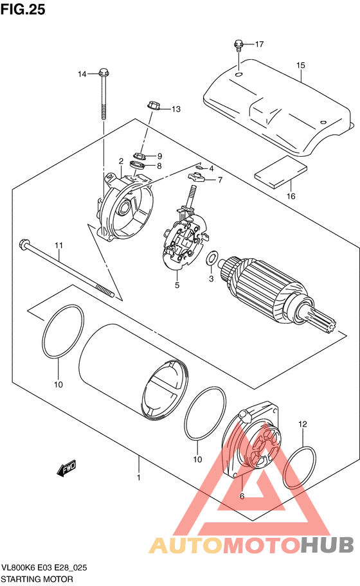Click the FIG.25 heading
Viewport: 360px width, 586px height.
[x=22, y=9]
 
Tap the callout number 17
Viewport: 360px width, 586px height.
[x=260, y=44]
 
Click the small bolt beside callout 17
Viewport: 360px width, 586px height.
[x=239, y=45]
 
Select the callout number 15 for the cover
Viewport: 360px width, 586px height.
[x=301, y=65]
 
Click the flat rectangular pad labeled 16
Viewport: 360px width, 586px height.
[x=281, y=171]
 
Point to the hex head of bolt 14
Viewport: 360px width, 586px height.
[x=104, y=71]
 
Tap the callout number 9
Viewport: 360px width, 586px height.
[x=159, y=156]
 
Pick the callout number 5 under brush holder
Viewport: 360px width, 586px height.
[x=177, y=285]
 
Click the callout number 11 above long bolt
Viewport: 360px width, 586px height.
[x=59, y=245]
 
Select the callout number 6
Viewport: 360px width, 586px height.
[x=242, y=496]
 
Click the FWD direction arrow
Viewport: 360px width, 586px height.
[x=67, y=468]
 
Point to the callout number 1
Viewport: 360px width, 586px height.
[x=139, y=477]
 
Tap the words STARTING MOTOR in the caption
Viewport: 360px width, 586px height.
[x=37, y=579]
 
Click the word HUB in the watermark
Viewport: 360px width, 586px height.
[x=327, y=545]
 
